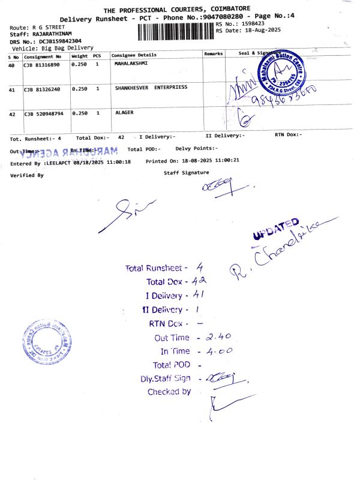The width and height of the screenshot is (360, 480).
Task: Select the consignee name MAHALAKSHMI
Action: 131,63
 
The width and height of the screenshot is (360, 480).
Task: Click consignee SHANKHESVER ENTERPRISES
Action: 151,88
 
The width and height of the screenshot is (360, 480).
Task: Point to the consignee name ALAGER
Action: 124,112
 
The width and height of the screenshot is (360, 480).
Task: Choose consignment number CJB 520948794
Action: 44,113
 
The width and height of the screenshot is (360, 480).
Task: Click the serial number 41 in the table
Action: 11,90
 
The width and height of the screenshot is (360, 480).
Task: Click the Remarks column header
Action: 214,54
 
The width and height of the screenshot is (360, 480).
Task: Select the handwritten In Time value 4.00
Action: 218,352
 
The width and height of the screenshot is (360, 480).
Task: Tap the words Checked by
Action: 169,392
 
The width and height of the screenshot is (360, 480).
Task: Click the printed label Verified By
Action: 27,176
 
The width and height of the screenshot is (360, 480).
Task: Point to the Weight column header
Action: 79,55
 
